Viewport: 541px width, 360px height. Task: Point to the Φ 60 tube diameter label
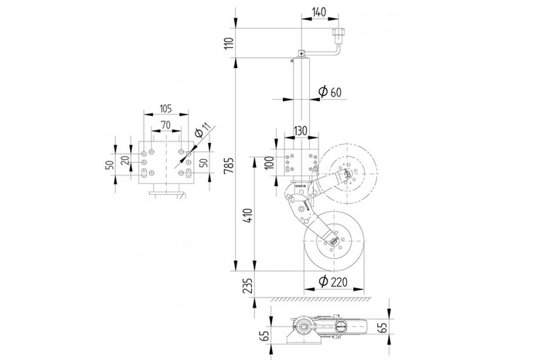[x=330, y=93]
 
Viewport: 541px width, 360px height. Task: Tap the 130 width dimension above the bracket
[x=301, y=131]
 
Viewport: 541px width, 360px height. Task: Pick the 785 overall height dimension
[x=226, y=165]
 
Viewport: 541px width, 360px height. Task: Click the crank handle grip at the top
[x=338, y=36]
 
